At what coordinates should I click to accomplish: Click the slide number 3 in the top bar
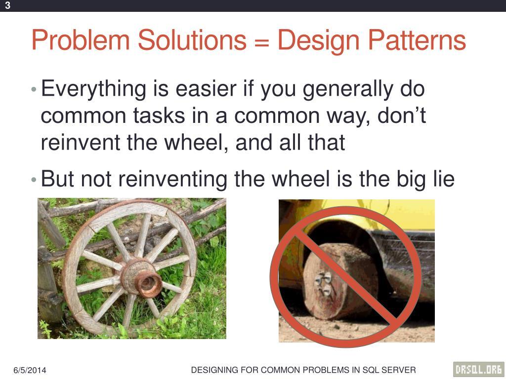coord(8,5)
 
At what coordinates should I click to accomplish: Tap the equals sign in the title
coord(261,41)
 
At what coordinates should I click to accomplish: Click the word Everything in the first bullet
coord(93,90)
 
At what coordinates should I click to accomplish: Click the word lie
coord(441,179)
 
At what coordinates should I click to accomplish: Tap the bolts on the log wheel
coord(324,283)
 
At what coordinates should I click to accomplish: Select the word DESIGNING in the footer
coord(214,370)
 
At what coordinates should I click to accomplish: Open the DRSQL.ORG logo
coord(478,369)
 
